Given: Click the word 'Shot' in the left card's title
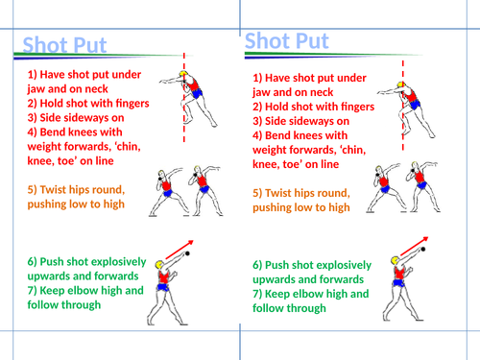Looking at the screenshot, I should tap(44, 46).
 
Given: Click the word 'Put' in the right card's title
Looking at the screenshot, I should tap(307, 41).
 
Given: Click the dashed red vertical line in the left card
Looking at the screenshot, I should tap(180, 125).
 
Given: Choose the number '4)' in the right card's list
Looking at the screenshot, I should tap(259, 135).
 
